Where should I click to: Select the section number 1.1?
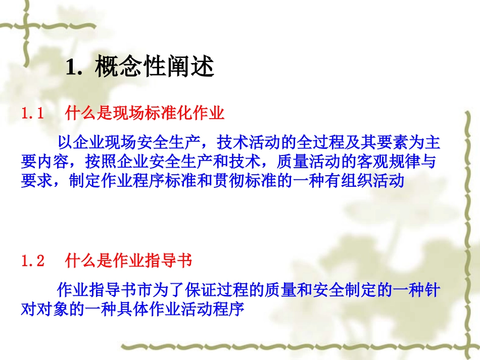tap(33, 114)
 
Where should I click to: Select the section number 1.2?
tap(33, 261)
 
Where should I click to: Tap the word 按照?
tap(99, 161)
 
